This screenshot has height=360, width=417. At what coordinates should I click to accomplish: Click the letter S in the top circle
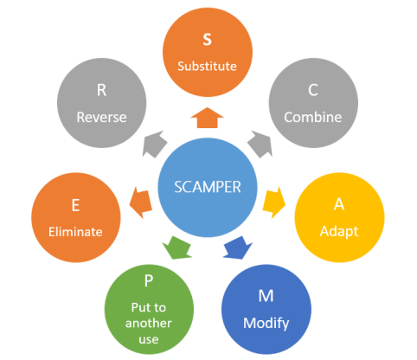(207, 41)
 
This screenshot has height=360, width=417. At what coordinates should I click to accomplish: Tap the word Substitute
(207, 66)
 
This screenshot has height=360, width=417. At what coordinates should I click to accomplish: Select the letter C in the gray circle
(314, 89)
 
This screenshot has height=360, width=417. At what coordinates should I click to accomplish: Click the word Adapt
(339, 233)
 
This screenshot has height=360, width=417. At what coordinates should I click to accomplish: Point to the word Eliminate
(75, 232)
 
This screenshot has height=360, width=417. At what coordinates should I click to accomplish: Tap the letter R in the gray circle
(100, 90)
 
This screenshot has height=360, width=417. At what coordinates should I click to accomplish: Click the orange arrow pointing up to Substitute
(207, 119)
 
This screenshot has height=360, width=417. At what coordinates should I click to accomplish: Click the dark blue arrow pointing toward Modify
(235, 248)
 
